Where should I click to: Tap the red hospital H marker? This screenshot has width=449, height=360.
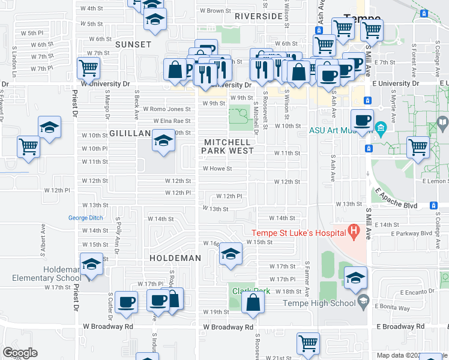[x=354, y=231]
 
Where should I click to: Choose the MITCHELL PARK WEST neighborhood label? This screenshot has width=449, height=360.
[x=229, y=146]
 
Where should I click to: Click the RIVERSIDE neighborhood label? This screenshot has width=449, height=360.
[x=259, y=16]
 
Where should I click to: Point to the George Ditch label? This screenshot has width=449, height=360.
[x=85, y=218]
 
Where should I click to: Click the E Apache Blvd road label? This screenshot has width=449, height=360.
[x=396, y=197]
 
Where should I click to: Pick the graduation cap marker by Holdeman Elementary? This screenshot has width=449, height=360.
[x=91, y=264]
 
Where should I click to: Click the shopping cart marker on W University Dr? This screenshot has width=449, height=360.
[x=88, y=68]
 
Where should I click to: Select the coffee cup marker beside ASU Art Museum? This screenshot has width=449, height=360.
[x=362, y=120]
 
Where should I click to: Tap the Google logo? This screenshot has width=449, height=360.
[x=20, y=353]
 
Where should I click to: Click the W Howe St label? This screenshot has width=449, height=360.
[x=217, y=169]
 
